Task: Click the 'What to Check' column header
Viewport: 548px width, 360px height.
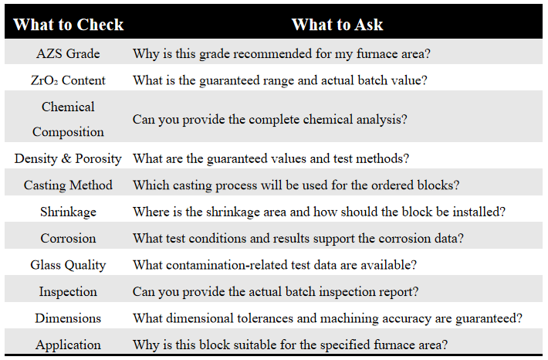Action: (68, 25)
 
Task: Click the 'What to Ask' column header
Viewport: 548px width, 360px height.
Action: (337, 25)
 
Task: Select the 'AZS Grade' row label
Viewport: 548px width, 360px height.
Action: (68, 53)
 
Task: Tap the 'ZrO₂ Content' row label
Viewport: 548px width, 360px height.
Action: (68, 80)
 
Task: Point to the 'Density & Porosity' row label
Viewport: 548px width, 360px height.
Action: (68, 158)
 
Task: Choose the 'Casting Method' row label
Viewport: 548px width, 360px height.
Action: (68, 185)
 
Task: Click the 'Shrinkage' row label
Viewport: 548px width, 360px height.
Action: (68, 212)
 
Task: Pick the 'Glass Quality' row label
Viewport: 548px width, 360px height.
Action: (68, 265)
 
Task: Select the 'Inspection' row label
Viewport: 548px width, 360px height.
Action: (68, 291)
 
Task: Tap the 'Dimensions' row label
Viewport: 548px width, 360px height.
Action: (68, 318)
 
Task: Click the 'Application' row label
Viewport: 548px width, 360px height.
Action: (68, 345)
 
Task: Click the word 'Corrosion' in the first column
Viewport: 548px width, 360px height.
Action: (68, 238)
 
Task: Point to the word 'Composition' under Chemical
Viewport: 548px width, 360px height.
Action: (68, 132)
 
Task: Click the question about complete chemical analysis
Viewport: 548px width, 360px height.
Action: (270, 120)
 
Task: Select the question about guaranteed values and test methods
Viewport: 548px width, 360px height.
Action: (271, 158)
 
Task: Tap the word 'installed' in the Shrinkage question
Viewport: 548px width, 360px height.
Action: (477, 212)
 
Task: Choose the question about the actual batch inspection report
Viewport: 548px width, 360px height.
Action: (276, 292)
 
